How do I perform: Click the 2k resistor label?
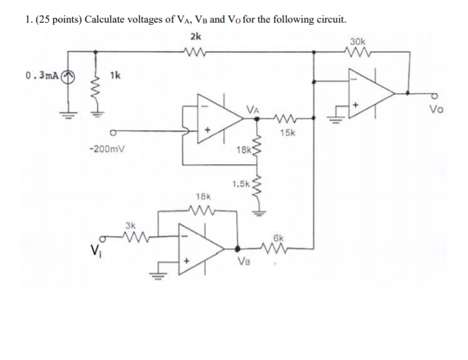coord(196,36)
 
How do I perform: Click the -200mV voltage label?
coord(104,150)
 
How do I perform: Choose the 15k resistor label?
coord(288,132)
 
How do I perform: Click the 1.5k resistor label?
coord(240,184)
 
